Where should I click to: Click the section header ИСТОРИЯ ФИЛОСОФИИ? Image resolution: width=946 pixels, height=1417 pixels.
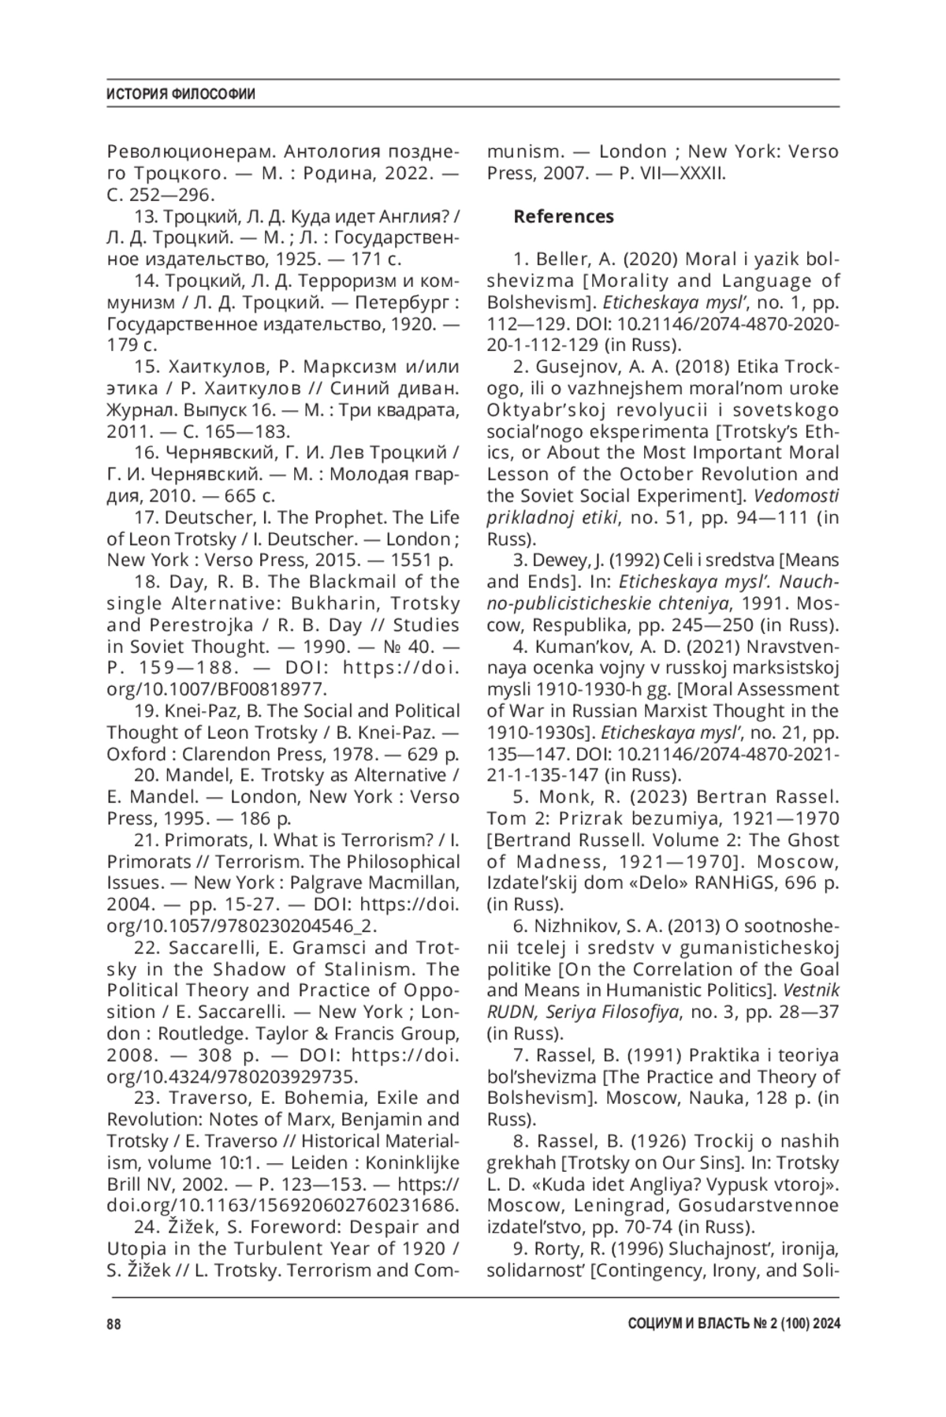coord(181,95)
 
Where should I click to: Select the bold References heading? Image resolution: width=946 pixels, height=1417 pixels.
coord(564,216)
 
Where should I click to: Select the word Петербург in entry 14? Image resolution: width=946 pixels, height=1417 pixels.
coord(400,302)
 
